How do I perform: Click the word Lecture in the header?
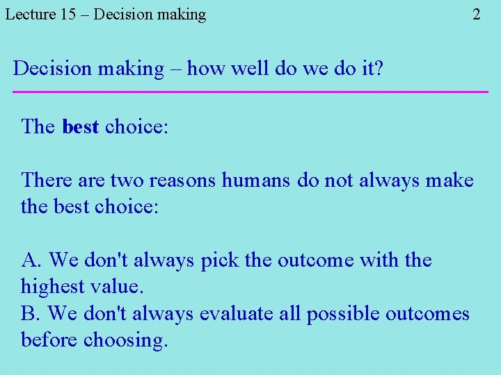coord(31,14)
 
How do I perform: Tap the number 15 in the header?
coord(68,14)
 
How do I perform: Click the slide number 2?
coord(477,14)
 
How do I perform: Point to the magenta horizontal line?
coord(250,92)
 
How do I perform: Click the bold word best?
coord(80,127)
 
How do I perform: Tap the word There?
coord(47,181)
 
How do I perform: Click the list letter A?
coord(31,260)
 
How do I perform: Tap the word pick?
coord(220,260)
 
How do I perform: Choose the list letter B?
coord(31,314)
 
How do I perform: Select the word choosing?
coord(126,341)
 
